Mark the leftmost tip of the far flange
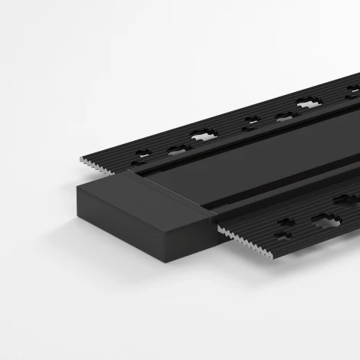80,156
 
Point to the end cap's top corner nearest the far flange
137,173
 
